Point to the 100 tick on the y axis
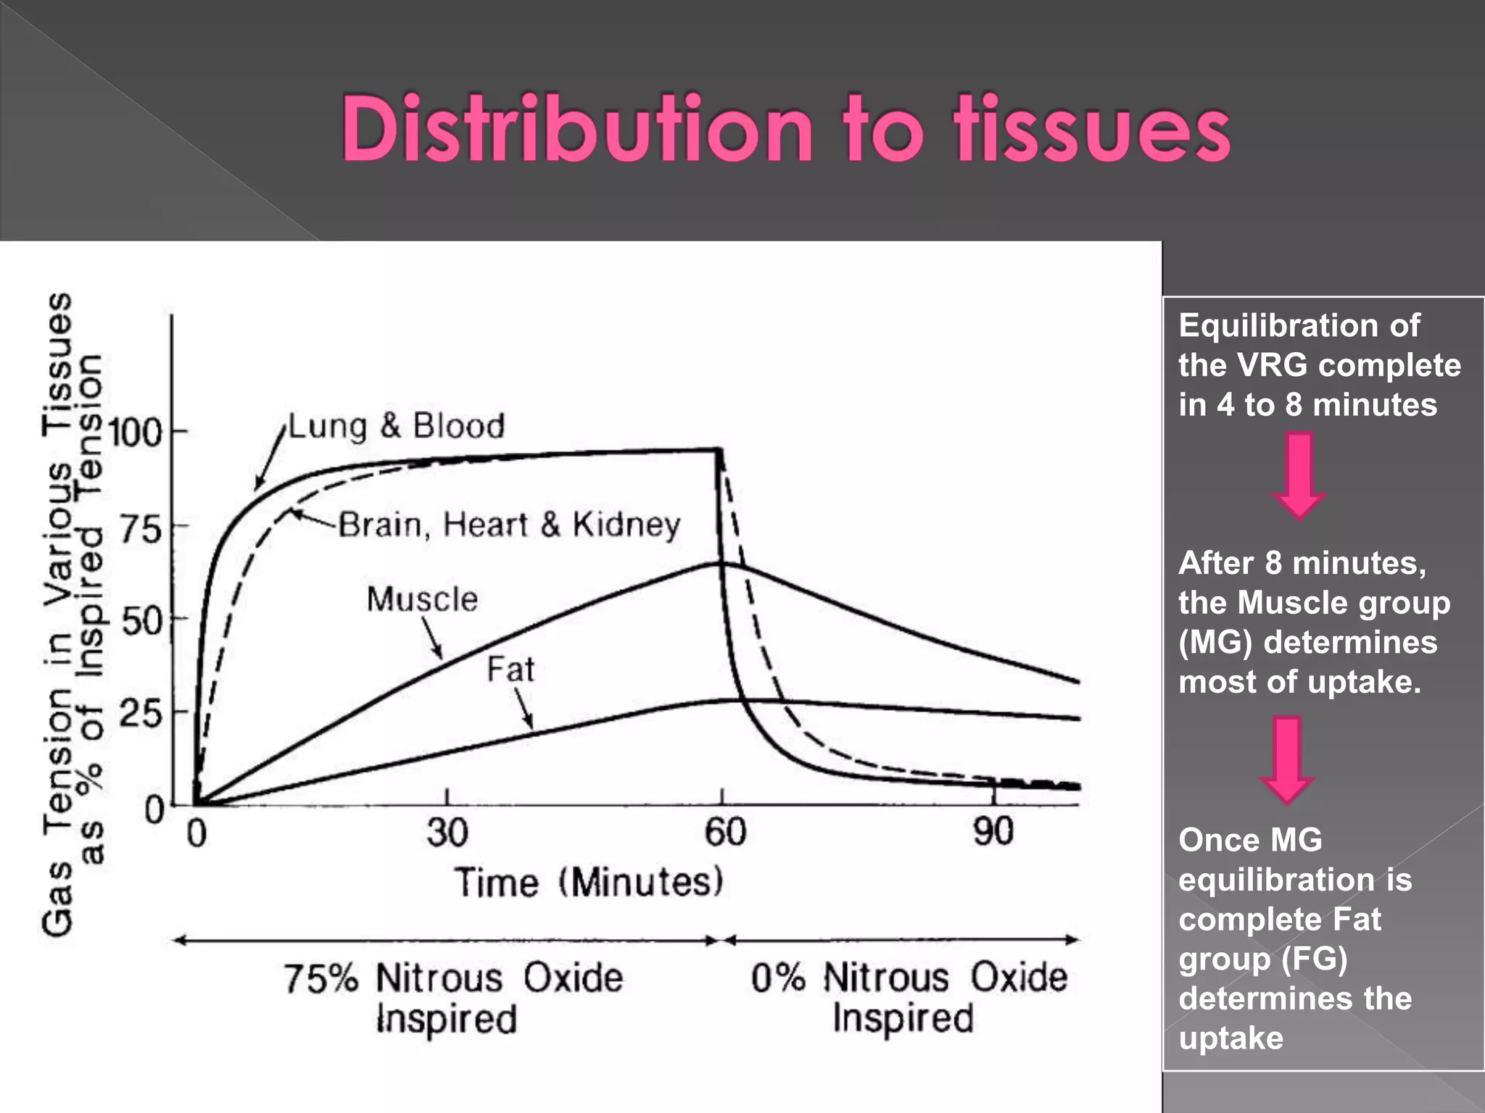[136, 433]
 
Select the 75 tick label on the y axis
[141, 529]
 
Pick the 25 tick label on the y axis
[141, 714]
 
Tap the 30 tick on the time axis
[447, 832]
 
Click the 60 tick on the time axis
[724, 832]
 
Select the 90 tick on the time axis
[993, 832]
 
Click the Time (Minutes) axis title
[589, 883]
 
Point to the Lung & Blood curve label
[397, 426]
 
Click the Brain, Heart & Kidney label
[510, 525]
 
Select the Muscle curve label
[422, 600]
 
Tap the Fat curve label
[510, 670]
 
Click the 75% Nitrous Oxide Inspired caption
[452, 998]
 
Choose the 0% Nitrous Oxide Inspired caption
[908, 998]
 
